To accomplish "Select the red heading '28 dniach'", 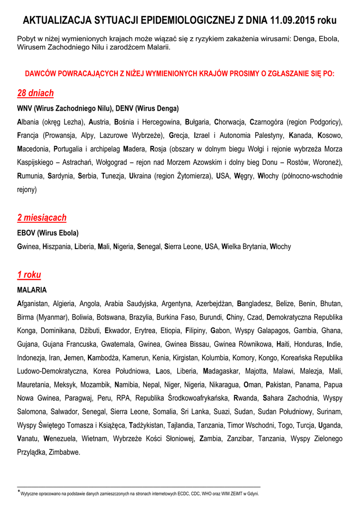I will click(x=35, y=93).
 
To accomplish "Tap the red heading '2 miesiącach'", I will click(x=42, y=217).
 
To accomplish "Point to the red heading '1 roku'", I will click(x=29, y=274).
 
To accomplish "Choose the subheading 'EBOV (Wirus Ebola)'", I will click(x=48, y=233).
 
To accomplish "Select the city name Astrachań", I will click(x=88, y=162).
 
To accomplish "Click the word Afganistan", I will click(x=33, y=303).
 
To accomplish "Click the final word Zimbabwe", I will click(x=64, y=452).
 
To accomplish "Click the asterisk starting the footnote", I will click(x=19, y=492).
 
